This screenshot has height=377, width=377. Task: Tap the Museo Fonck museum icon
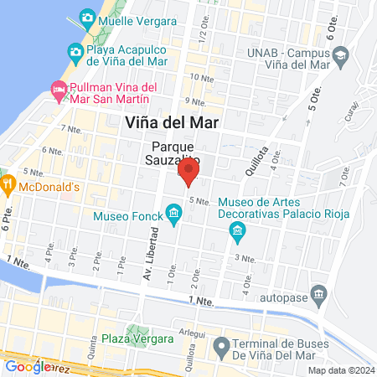click(174, 213)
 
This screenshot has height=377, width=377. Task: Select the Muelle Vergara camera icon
click(86, 18)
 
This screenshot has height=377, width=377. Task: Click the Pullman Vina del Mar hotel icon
click(59, 88)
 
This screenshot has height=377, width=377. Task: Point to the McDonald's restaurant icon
click(6, 186)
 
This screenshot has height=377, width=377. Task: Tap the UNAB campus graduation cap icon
click(340, 57)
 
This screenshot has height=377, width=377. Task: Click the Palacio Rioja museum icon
click(237, 230)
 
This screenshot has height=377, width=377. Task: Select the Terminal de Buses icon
click(221, 345)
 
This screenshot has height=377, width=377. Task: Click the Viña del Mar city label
click(171, 121)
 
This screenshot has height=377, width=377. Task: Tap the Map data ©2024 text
click(340, 370)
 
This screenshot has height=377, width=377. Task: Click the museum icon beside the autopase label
click(318, 294)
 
